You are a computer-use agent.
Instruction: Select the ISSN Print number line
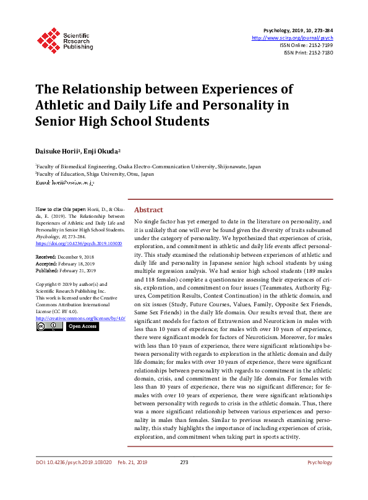pyautogui.click(x=309, y=53)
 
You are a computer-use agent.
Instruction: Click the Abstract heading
pyautogui.click(x=148, y=210)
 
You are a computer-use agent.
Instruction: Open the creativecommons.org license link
pyautogui.click(x=80, y=318)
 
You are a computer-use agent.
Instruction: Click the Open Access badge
pyautogui.click(x=82, y=326)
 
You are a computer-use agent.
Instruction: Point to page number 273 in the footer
pyautogui.click(x=184, y=462)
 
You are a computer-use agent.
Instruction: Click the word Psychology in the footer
pyautogui.click(x=320, y=462)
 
